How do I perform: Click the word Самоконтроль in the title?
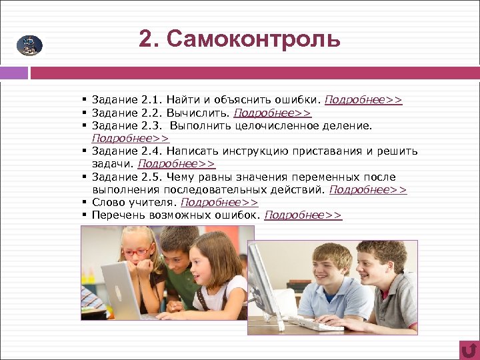[x=254, y=39]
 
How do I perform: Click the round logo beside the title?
[x=29, y=45]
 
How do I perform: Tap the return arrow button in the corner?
[x=469, y=349]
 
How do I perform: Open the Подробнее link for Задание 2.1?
[x=363, y=100]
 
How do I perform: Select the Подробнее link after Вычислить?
[x=272, y=113]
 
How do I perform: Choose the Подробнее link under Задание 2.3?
[x=131, y=138]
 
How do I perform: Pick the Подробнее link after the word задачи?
[x=177, y=163]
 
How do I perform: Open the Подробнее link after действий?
[x=368, y=189]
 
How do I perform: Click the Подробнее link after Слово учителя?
[x=219, y=202]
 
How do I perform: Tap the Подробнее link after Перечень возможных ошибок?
[x=303, y=215]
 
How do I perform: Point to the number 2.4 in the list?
[x=149, y=151]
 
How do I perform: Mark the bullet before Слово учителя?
[x=86, y=202]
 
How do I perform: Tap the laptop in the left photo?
[x=123, y=291]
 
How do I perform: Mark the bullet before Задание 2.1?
[x=86, y=100]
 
